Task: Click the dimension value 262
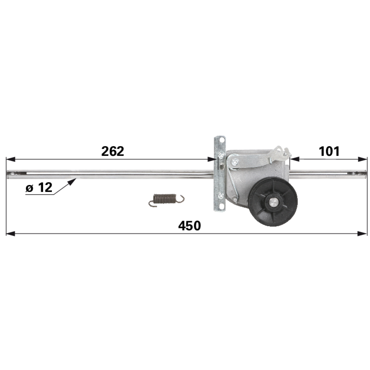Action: (112, 151)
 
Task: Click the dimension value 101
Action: (329, 151)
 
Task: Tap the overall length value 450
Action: (190, 226)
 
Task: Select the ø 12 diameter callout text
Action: (39, 188)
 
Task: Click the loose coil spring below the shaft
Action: (166, 200)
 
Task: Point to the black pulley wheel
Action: (273, 202)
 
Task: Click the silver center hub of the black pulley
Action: (273, 202)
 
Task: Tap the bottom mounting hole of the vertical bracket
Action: (221, 206)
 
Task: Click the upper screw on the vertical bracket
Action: (221, 155)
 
